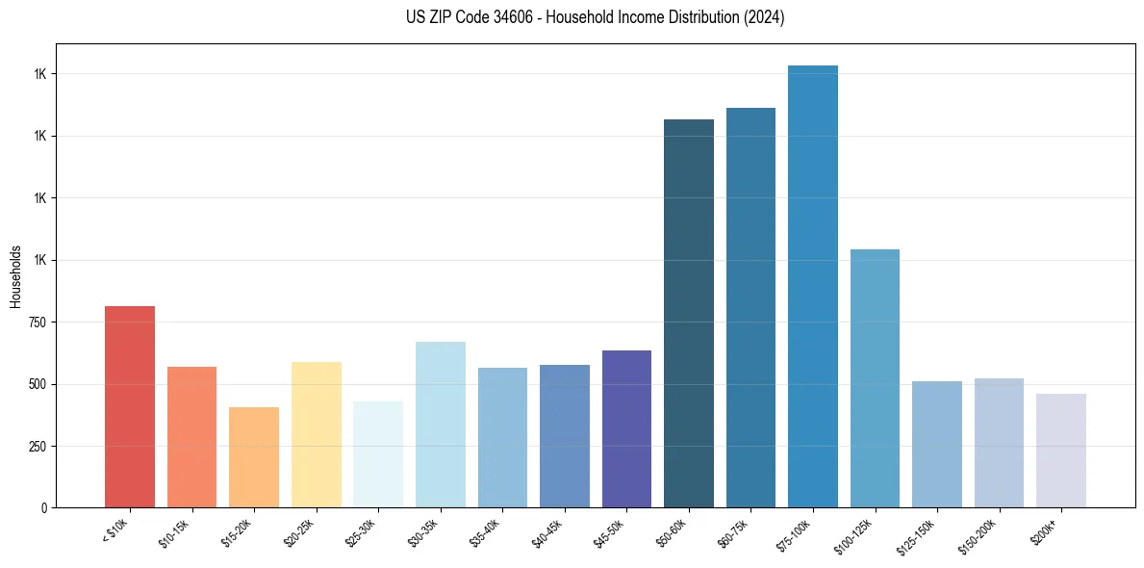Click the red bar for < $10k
(x=130, y=406)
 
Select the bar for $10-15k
(x=191, y=437)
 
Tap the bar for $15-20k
(x=254, y=457)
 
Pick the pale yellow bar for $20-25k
(x=317, y=434)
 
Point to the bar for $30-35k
(x=441, y=425)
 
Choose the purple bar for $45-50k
(x=626, y=428)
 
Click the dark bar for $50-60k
(x=689, y=313)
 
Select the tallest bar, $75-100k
(x=813, y=286)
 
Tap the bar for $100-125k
(x=875, y=378)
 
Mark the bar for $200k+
(x=1061, y=451)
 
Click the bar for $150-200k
(x=999, y=443)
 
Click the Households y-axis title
(x=15, y=275)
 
